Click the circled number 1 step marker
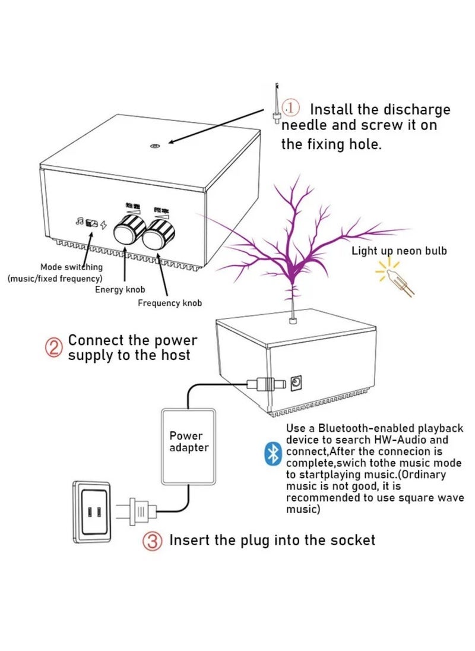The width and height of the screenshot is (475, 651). coord(290,108)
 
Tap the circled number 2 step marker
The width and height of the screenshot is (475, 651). coord(54,347)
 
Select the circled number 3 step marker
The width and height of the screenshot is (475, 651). coord(152,541)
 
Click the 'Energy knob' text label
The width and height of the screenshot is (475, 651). coord(117,289)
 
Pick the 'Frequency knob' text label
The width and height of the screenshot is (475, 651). coord(170,303)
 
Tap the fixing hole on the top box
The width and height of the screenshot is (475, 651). coord(154,146)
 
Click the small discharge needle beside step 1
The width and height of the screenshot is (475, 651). coord(275,107)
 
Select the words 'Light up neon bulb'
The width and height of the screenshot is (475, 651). coord(399,251)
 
